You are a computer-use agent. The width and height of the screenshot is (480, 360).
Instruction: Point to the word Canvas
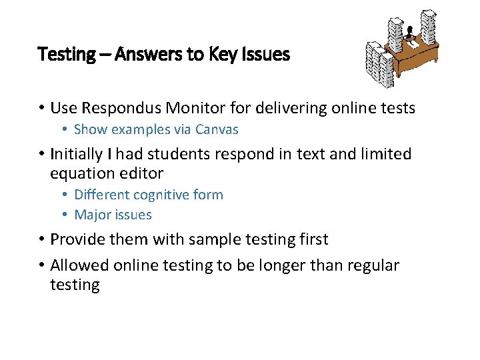point(216,129)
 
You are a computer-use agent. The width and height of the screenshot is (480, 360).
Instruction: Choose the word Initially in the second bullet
point(77,154)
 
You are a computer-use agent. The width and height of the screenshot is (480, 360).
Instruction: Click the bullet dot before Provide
point(41,239)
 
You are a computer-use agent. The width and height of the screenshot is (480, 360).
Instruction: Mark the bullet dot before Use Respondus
point(41,108)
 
